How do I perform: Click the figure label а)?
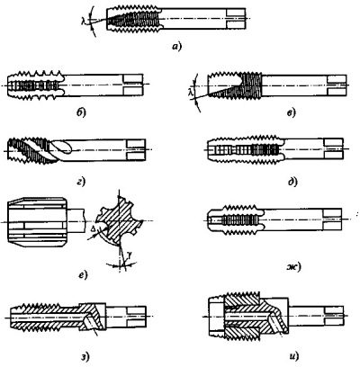coord(177,47)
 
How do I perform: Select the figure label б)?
coord(81,112)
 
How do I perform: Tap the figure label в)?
coord(291,112)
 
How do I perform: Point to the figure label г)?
coord(81,181)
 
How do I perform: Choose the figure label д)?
coord(292,182)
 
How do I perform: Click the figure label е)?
coord(83,274)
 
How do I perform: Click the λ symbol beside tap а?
coord(84,21)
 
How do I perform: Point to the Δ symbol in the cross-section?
coord(94,229)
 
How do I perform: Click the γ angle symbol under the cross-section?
coord(130,255)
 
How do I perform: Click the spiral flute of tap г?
coord(45,151)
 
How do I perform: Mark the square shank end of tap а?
coord(237,19)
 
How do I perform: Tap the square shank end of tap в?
coord(337,85)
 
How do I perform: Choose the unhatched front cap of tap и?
coord(217,317)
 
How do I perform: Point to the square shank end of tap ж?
coord(332,219)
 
